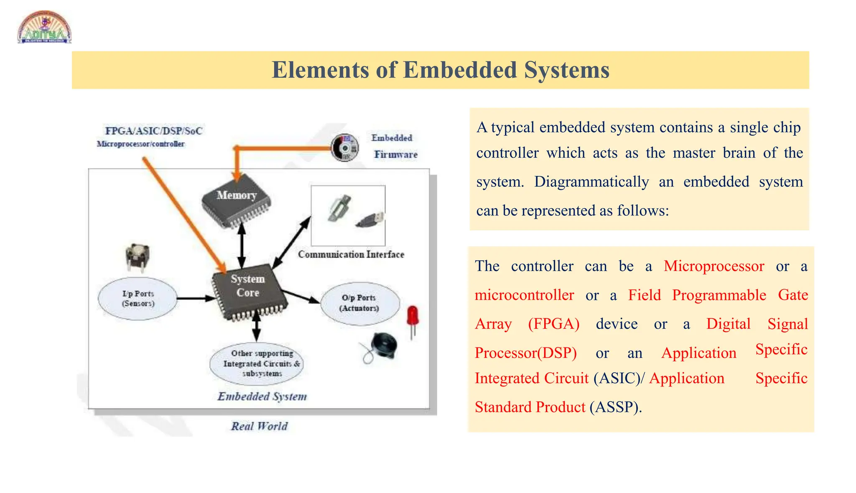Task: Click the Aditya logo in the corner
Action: click(x=44, y=28)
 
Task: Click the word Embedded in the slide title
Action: click(x=460, y=70)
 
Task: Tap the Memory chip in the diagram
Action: click(x=237, y=201)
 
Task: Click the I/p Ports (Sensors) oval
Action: click(x=138, y=299)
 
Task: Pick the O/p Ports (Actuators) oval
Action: click(x=359, y=303)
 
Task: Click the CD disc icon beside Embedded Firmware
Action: click(x=345, y=148)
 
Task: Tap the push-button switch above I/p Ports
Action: click(x=137, y=257)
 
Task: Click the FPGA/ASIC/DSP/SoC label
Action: click(x=153, y=131)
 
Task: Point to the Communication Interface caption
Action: click(x=351, y=254)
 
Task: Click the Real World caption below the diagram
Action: click(x=260, y=426)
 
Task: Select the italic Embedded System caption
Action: click(x=262, y=396)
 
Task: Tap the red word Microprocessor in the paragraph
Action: click(x=713, y=266)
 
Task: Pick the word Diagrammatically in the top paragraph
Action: click(x=591, y=182)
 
